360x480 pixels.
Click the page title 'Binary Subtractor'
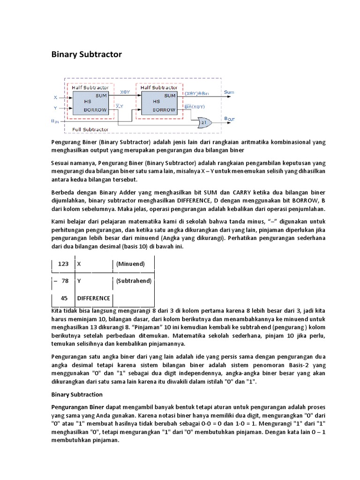click(x=86, y=54)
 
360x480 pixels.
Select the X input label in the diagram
click(x=55, y=97)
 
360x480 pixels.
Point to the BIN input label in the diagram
click(x=55, y=120)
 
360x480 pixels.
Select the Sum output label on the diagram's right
click(x=229, y=92)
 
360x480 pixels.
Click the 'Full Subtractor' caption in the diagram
click(x=90, y=129)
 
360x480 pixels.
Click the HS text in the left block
click(x=87, y=102)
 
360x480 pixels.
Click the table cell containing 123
click(x=63, y=264)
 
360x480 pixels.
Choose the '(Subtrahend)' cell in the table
click(x=134, y=281)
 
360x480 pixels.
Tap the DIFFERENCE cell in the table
click(x=94, y=298)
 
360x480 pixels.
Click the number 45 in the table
click(x=65, y=298)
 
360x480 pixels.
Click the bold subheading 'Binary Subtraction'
click(x=76, y=395)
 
